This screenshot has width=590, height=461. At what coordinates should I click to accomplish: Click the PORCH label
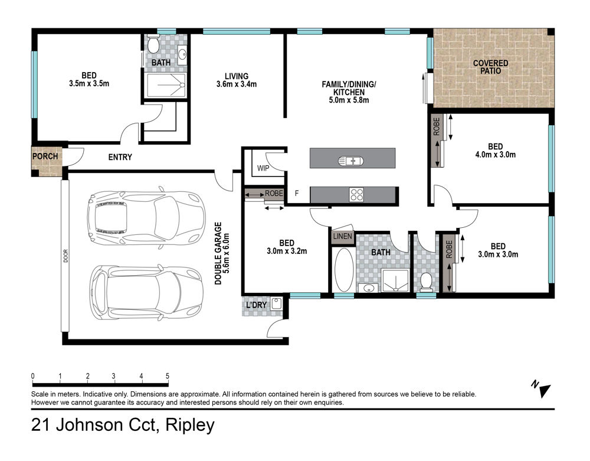(45, 156)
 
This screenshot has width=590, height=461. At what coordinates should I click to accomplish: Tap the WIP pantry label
(263, 168)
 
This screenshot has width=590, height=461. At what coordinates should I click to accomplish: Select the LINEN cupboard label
(342, 236)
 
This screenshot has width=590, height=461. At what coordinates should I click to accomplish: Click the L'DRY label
(256, 305)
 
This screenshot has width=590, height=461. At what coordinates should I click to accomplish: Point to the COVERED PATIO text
(491, 67)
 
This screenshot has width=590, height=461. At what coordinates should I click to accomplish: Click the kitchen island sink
(350, 161)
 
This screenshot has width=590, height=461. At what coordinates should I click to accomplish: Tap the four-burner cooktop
(356, 195)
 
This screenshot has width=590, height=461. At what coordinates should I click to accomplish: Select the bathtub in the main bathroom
(344, 269)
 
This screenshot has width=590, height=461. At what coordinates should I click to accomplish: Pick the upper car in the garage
(146, 218)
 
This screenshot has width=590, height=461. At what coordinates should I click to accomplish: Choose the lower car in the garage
(146, 292)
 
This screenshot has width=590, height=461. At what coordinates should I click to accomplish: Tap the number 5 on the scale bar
(168, 376)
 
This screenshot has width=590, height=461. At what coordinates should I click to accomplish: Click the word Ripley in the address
(190, 425)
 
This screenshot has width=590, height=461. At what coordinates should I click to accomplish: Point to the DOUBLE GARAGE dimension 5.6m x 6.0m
(226, 253)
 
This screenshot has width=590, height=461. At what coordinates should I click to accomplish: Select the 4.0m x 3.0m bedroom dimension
(496, 154)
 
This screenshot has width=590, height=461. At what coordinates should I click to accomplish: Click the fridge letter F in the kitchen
(297, 193)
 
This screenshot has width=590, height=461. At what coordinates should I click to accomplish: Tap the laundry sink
(276, 303)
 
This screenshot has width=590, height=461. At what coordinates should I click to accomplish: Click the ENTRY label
(120, 157)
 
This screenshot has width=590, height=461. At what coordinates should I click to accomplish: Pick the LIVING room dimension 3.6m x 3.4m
(237, 84)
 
